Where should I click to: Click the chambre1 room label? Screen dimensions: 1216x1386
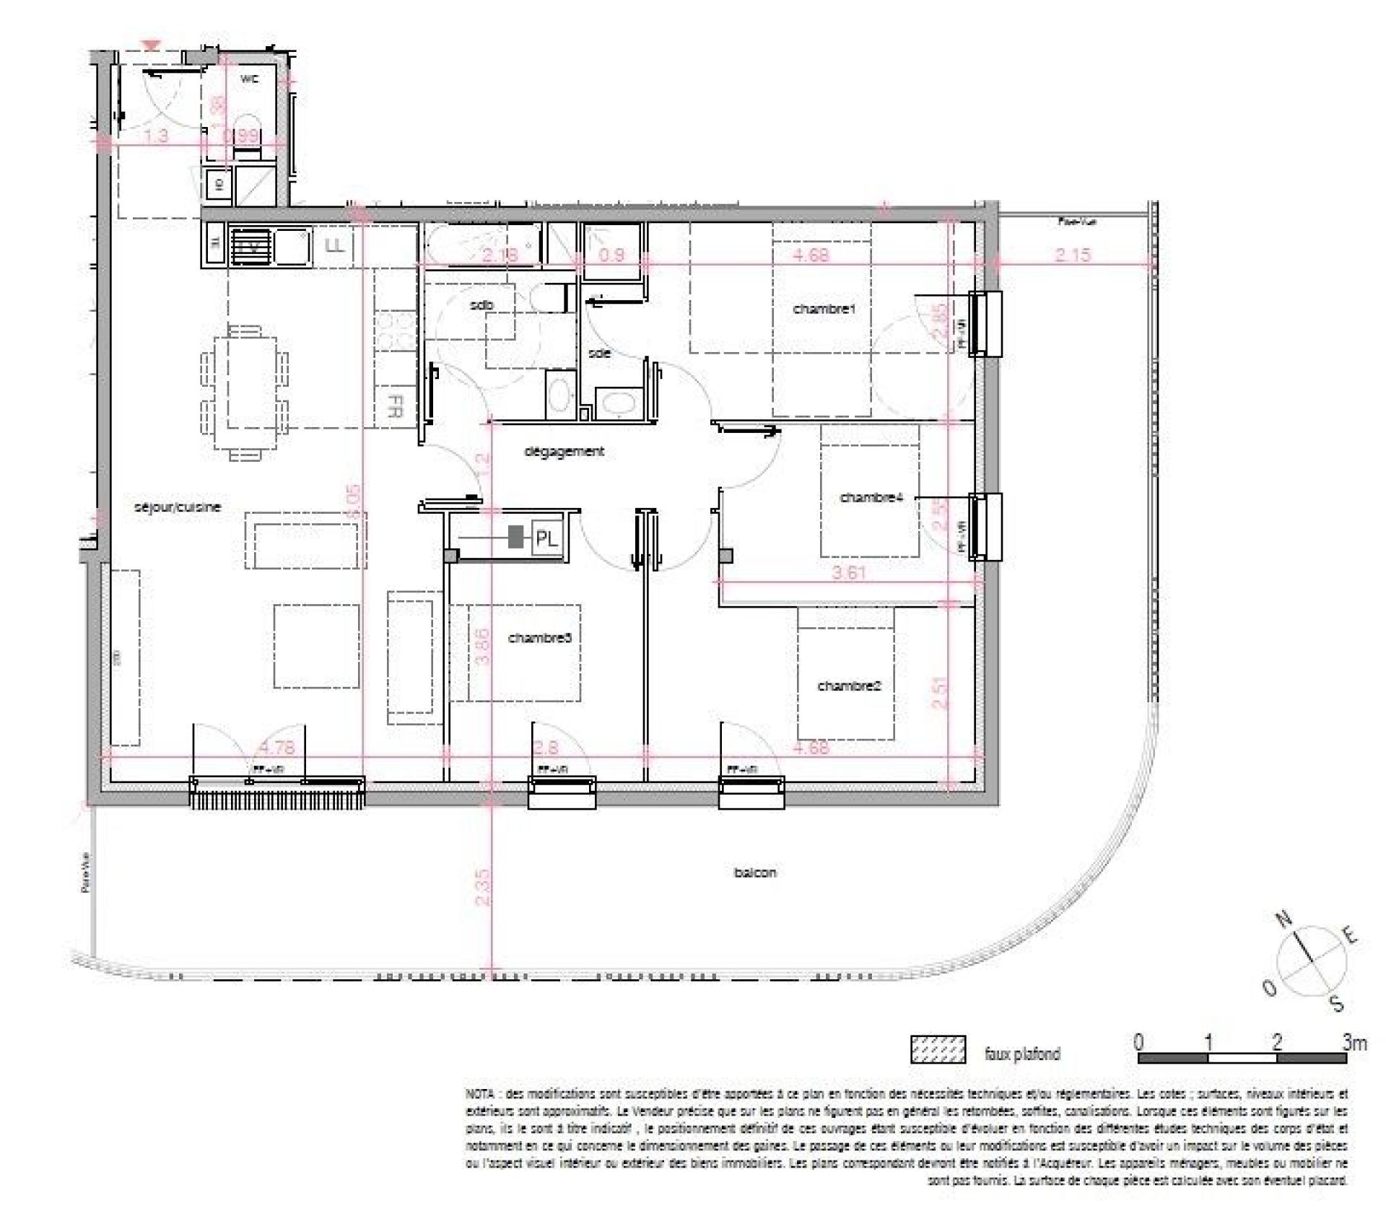[824, 309]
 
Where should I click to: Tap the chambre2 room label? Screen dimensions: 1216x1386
[848, 686]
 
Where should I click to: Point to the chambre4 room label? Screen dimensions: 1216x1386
[871, 497]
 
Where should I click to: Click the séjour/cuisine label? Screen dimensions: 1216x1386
[178, 507]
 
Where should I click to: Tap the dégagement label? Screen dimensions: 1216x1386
[564, 451]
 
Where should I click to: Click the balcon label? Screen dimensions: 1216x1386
[755, 872]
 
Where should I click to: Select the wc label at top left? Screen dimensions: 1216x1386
[250, 79]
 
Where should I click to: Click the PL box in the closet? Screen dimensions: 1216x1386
[546, 539]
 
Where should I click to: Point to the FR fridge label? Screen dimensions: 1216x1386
[395, 406]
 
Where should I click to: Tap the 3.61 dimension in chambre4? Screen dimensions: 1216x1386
[848, 573]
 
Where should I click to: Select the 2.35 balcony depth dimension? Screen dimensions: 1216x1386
[483, 887]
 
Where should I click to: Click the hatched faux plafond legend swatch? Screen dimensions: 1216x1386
[938, 1049]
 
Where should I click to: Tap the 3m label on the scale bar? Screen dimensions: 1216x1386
[1354, 1042]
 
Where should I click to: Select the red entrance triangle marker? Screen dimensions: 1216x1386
[151, 46]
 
